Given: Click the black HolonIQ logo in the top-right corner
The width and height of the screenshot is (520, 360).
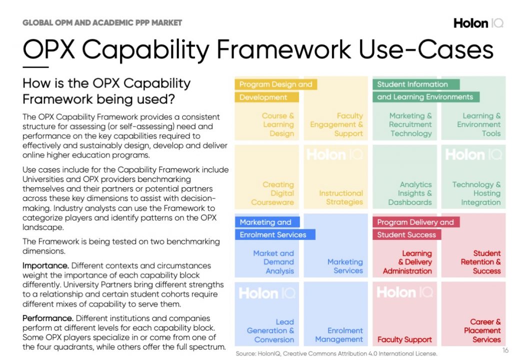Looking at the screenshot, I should (x=478, y=23).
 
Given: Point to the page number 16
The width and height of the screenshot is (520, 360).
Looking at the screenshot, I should (x=505, y=350).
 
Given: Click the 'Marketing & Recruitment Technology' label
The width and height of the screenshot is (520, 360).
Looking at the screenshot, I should (x=410, y=124).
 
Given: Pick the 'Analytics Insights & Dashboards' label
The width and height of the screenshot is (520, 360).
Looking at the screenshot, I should (x=410, y=193).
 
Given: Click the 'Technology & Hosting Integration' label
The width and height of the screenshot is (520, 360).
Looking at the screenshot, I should (x=476, y=193).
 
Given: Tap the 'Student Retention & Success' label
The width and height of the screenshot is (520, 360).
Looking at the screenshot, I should (x=480, y=262).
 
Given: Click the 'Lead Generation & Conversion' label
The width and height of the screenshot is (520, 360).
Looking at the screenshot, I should (x=270, y=331).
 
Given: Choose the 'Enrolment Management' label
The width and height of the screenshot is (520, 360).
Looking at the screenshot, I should (x=338, y=335).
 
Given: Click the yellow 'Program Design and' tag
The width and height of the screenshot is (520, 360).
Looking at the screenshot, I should (x=275, y=84).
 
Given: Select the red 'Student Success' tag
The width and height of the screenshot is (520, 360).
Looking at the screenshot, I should (x=406, y=234).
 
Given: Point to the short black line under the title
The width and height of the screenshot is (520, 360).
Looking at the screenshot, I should (x=35, y=67).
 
